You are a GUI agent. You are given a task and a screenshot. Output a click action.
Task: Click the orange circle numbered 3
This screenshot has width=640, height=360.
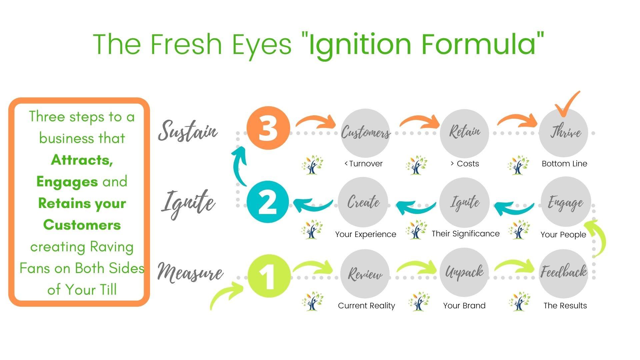click(268, 128)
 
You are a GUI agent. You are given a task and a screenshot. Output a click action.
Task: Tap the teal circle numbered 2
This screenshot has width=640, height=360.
click(268, 202)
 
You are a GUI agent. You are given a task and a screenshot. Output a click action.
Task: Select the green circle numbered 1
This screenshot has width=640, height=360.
click(269, 276)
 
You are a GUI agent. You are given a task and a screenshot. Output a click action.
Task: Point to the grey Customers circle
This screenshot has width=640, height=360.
click(365, 133)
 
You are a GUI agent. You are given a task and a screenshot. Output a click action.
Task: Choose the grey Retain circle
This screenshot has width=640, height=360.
click(464, 133)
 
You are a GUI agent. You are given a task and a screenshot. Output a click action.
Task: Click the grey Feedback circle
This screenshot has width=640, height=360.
click(563, 274)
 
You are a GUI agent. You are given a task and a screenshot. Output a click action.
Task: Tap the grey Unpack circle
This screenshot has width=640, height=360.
click(464, 273)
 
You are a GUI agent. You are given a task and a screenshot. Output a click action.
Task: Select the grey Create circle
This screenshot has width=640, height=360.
click(363, 202)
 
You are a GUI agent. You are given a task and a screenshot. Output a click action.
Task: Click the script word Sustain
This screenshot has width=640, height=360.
click(188, 130)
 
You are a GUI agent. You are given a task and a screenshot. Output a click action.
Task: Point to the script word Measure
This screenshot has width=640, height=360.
click(190, 272)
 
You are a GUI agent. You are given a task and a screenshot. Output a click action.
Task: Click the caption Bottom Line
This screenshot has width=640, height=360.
click(564, 164)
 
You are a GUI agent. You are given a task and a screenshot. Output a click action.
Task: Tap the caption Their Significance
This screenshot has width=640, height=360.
click(466, 234)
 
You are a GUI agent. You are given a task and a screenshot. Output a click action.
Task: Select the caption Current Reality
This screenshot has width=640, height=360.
click(366, 306)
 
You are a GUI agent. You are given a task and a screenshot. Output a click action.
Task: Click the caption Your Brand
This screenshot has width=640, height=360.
click(464, 306)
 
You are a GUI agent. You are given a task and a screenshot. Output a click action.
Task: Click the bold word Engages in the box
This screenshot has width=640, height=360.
click(67, 182)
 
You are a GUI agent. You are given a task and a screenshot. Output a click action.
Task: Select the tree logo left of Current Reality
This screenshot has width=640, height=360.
click(313, 301)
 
